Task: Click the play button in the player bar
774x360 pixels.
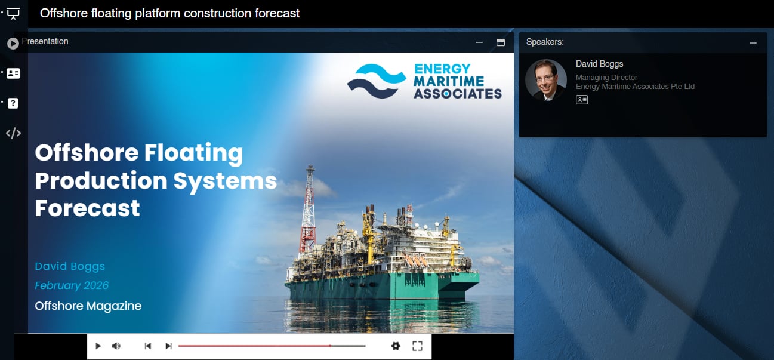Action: click(x=98, y=346)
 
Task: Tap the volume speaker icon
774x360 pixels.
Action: click(x=116, y=346)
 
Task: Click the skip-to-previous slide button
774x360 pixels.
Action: click(x=148, y=346)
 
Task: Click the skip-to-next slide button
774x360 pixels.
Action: click(x=168, y=346)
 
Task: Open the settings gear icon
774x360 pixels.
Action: click(x=396, y=346)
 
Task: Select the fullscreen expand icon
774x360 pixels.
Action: click(x=417, y=346)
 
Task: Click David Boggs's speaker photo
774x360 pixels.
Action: click(x=545, y=80)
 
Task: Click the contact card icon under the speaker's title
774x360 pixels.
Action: click(x=582, y=100)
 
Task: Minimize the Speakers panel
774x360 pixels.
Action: click(x=753, y=43)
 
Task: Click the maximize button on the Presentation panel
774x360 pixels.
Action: click(x=501, y=42)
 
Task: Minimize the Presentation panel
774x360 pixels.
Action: click(x=479, y=42)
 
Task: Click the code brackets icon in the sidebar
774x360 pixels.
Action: click(x=13, y=133)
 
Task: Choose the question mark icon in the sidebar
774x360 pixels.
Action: click(x=13, y=103)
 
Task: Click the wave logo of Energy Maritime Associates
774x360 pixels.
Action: click(x=377, y=80)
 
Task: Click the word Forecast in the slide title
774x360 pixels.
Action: click(x=88, y=208)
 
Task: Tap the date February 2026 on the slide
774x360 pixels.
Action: click(x=72, y=285)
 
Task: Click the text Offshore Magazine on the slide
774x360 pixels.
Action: click(x=88, y=306)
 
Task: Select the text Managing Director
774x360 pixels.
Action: click(x=606, y=78)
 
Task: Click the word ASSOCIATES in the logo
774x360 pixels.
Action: click(x=458, y=93)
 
